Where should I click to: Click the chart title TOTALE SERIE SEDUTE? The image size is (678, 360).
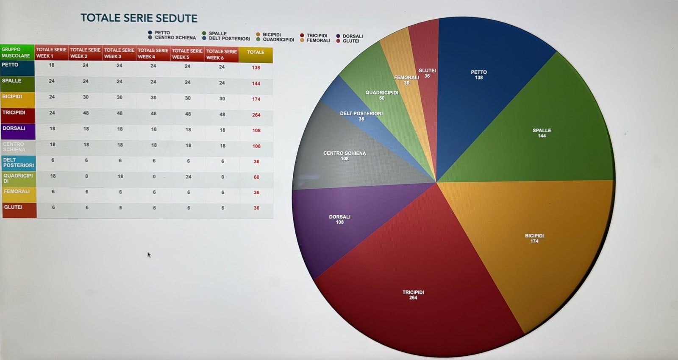point(139,18)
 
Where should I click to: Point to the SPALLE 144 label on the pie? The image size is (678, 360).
point(542,133)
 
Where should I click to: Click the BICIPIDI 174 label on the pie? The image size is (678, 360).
point(534,238)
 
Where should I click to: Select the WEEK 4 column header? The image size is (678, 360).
point(153,53)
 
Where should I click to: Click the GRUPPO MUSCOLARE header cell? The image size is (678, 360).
point(17,53)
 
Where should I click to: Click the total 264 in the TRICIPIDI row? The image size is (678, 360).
point(256,115)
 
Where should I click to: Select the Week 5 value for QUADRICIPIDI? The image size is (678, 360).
point(189,177)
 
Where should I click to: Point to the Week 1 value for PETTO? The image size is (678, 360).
point(52,65)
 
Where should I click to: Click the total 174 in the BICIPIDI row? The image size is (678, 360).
point(256,99)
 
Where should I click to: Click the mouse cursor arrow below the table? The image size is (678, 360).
point(149,254)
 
